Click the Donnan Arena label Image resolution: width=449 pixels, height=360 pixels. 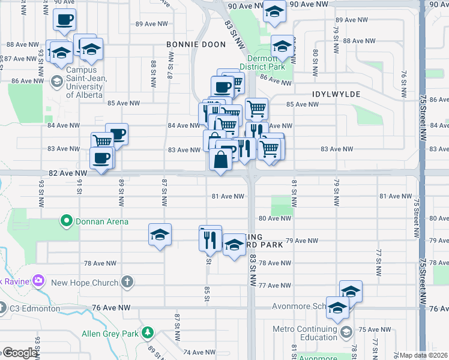[101, 221]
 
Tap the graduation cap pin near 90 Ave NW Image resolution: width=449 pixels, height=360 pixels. [275, 11]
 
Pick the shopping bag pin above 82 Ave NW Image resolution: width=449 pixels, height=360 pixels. [221, 159]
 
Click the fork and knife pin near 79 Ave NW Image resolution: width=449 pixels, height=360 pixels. [209, 239]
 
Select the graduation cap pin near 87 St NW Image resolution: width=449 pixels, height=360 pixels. [160, 234]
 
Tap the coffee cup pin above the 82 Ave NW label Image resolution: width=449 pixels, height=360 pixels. [101, 158]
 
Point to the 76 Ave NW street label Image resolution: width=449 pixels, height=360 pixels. [111, 308]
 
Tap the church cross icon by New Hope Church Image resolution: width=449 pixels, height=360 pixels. [127, 281]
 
